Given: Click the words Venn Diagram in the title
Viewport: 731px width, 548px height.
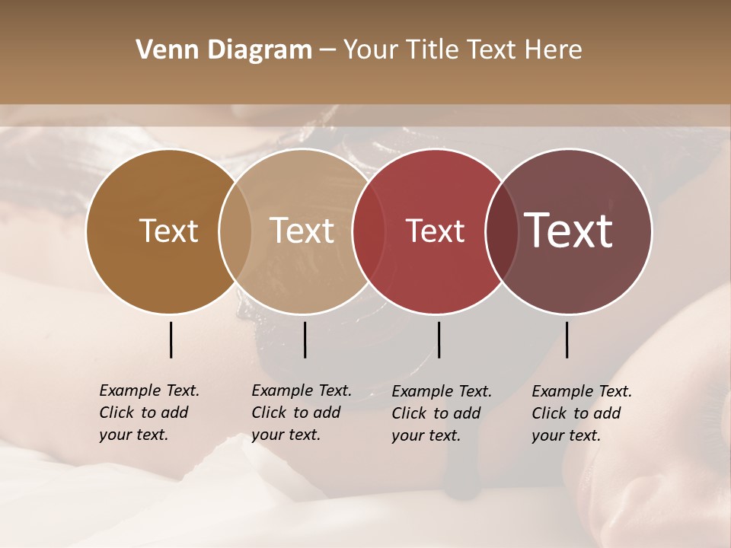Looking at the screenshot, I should point(224,50).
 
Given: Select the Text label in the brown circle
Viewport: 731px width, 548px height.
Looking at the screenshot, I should point(168,231).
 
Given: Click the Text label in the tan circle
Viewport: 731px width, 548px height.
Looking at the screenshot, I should point(302,231).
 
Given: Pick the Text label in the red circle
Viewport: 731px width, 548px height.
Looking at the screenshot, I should point(435,231).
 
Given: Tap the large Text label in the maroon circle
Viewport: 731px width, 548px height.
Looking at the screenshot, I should point(569,231).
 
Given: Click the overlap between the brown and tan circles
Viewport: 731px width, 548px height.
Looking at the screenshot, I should point(235,231).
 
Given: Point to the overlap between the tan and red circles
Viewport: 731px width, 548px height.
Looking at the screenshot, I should point(369,231).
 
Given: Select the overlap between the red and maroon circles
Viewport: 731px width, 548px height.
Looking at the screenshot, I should point(502,231).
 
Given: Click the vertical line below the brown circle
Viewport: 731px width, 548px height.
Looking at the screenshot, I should point(171,339).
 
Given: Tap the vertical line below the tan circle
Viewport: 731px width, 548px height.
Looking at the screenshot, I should point(305,339).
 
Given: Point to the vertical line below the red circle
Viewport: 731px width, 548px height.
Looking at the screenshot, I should point(439,339).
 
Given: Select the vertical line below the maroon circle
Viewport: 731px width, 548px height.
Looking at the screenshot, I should point(567,339).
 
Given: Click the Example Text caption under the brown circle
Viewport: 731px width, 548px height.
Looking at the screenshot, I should point(149,413).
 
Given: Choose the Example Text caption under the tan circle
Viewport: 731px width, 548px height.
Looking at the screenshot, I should point(302,413).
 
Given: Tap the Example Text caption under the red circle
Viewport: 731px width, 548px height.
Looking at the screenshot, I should point(442,413).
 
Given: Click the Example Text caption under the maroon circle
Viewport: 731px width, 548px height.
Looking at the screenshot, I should point(582,413).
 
